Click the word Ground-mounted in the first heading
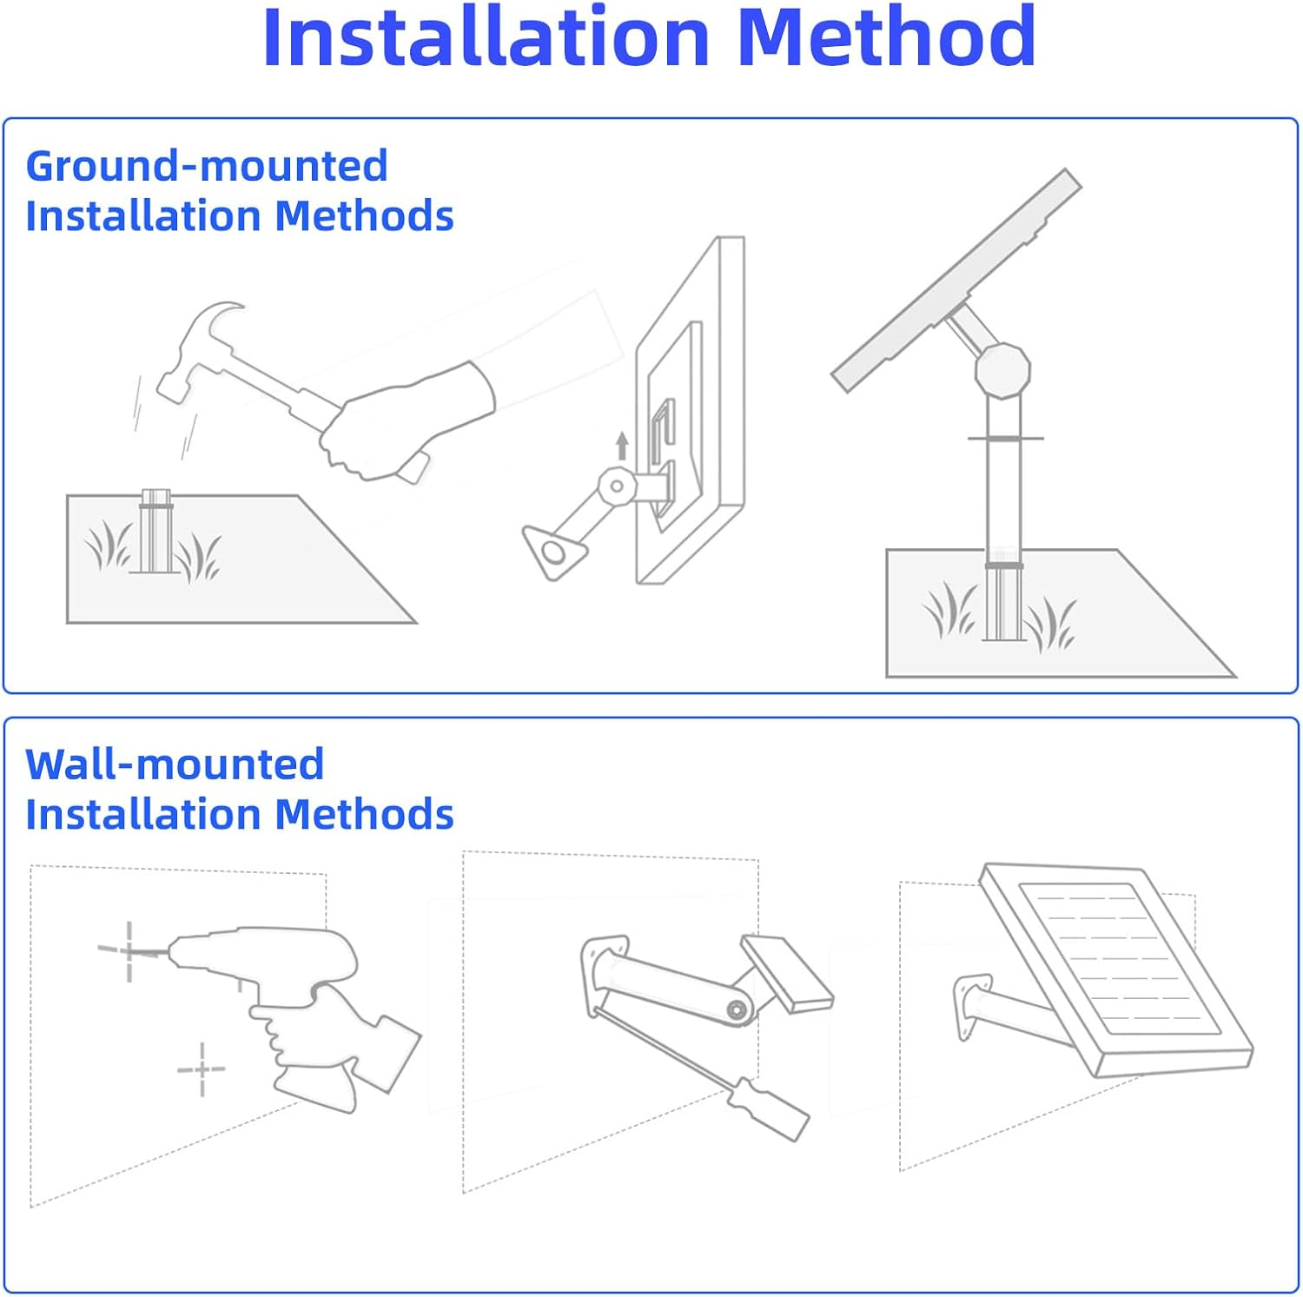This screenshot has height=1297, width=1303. tap(207, 165)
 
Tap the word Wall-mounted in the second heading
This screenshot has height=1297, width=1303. tap(175, 764)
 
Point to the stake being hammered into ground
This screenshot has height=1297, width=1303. tap(155, 531)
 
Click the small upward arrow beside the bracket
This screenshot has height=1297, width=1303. tap(622, 446)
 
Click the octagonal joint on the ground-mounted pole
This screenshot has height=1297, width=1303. tap(1002, 370)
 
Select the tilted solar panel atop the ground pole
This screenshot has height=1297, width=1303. tap(956, 280)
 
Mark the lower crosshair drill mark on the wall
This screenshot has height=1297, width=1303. tap(202, 1069)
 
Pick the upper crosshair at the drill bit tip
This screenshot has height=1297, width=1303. tap(129, 950)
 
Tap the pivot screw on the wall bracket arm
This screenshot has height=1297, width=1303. tap(737, 1009)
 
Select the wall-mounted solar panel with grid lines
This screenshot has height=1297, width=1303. tap(1117, 970)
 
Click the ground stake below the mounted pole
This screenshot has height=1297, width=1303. tap(1004, 601)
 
